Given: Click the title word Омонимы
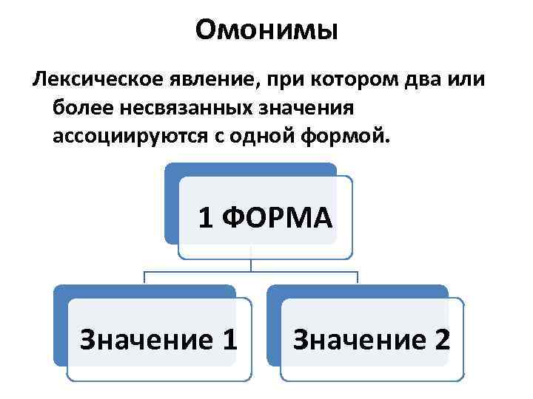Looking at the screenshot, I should [266, 30].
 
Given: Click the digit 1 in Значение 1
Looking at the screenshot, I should [229, 339].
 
